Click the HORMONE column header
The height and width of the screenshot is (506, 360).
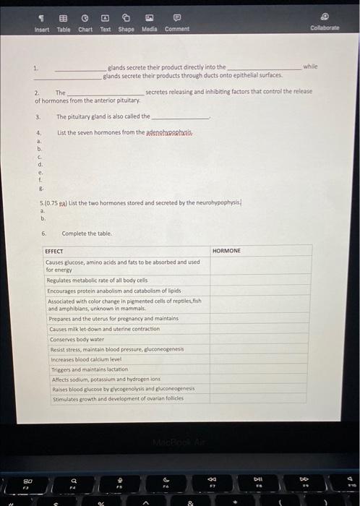[x=227, y=250]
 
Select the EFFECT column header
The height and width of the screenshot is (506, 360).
[x=54, y=251]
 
